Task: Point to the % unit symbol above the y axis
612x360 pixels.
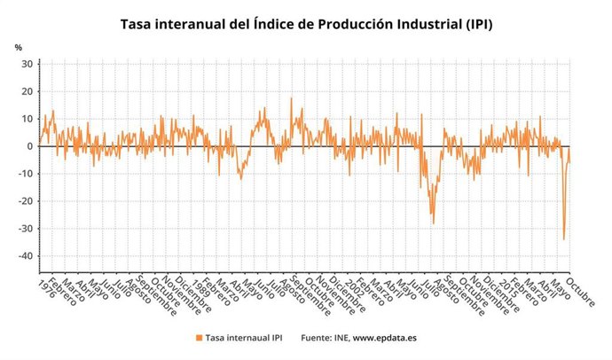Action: (x=18, y=46)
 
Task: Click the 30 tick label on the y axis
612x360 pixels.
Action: (x=27, y=64)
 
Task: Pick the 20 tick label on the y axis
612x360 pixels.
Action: (x=27, y=91)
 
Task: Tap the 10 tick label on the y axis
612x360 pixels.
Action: (x=27, y=119)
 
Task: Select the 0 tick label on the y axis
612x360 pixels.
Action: (x=29, y=146)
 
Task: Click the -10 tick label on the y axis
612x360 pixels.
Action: (x=25, y=174)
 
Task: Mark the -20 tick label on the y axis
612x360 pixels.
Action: (x=25, y=201)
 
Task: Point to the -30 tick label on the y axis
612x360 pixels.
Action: (x=25, y=229)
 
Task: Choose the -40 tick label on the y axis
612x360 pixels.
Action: (x=25, y=256)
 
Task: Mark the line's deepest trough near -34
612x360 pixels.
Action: (x=563, y=239)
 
